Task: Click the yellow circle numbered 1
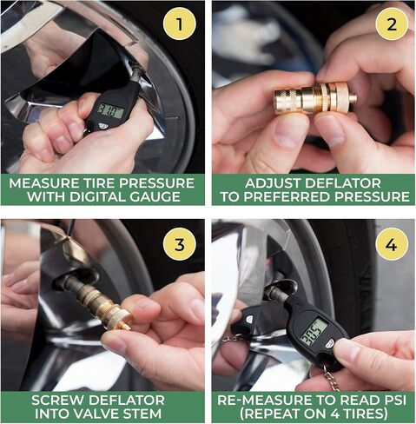pyautogui.click(x=180, y=24)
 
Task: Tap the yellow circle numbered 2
pyautogui.click(x=392, y=24)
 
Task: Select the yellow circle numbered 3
pyautogui.click(x=180, y=244)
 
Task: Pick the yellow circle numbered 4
pyautogui.click(x=392, y=244)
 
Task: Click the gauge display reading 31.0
pyautogui.click(x=110, y=111)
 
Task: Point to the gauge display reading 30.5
pyautogui.click(x=314, y=332)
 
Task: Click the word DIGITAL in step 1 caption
pyautogui.click(x=97, y=197)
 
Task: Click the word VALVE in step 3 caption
pyautogui.click(x=106, y=414)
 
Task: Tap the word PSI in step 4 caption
pyautogui.click(x=393, y=400)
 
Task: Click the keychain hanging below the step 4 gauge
pyautogui.click(x=333, y=379)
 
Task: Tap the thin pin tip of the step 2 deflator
pyautogui.click(x=353, y=98)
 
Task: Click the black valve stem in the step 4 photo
pyautogui.click(x=277, y=290)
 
